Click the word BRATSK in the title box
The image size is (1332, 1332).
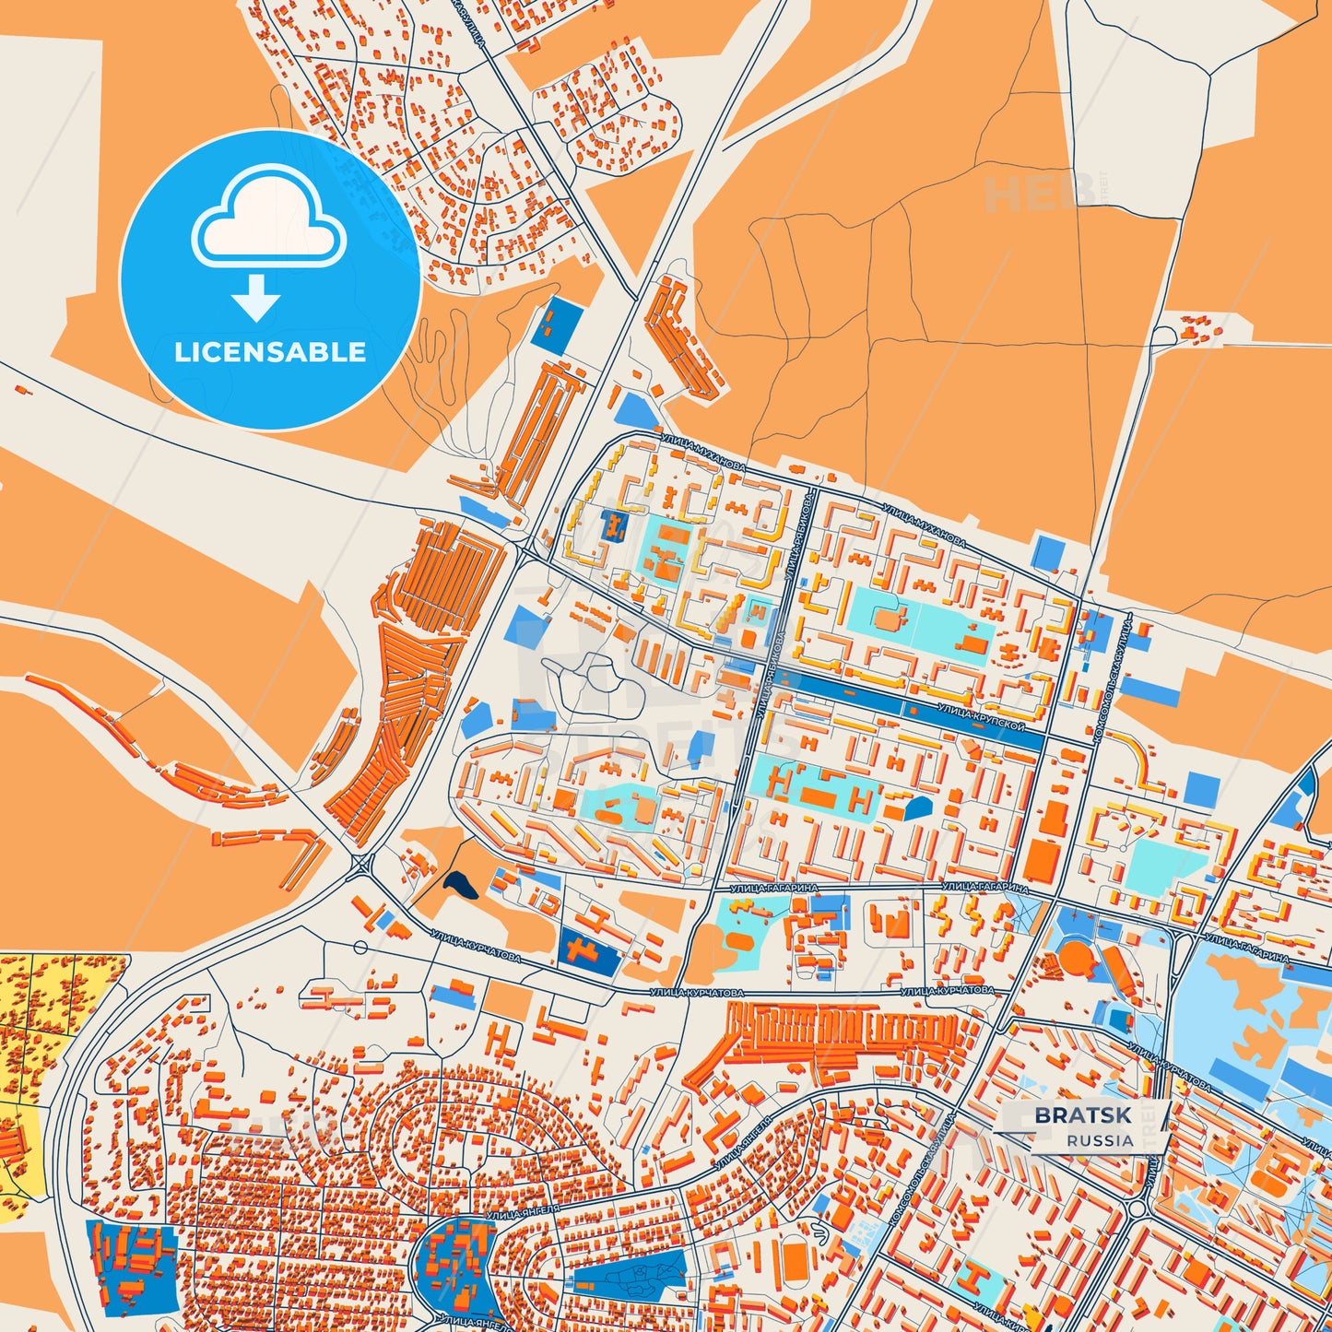coord(1082,1115)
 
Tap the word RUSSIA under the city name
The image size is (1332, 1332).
coord(1100,1140)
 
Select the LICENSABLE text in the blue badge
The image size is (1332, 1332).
coord(270,352)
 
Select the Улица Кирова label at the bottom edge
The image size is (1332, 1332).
coord(1000,1324)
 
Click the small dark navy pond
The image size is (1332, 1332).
coord(460,886)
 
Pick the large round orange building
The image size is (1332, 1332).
coord(1075,959)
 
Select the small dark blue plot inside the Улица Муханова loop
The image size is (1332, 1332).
coord(613,526)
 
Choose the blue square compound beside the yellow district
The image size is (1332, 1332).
coord(131,1268)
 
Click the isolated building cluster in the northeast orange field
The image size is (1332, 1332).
coord(1199,326)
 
